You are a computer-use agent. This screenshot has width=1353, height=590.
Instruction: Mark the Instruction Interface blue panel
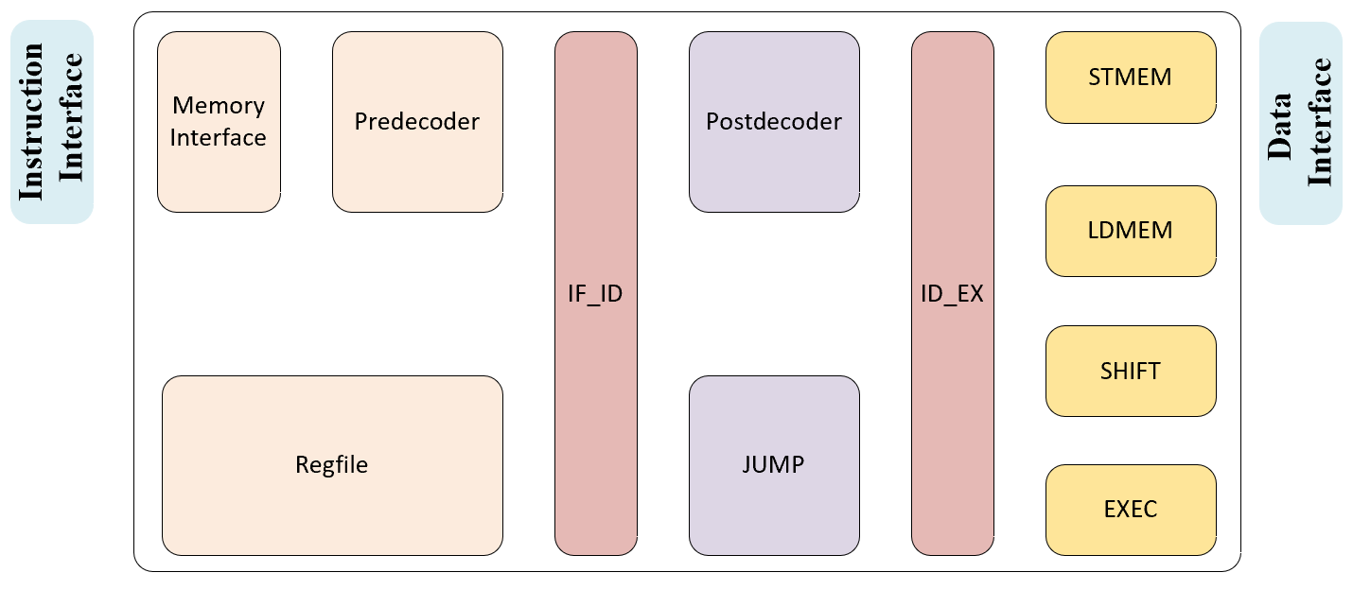point(52,122)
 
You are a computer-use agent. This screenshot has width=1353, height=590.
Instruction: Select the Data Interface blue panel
point(1301,122)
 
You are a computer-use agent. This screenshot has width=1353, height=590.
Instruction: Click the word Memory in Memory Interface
point(219,106)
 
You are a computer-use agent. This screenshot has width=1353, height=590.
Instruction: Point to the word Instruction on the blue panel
point(32,122)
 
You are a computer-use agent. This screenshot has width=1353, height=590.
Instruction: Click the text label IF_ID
point(595,294)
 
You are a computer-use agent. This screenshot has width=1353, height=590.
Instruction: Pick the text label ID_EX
point(952,294)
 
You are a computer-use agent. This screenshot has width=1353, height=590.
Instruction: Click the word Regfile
point(332,464)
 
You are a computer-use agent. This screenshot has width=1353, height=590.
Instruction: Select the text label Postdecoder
point(774,122)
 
